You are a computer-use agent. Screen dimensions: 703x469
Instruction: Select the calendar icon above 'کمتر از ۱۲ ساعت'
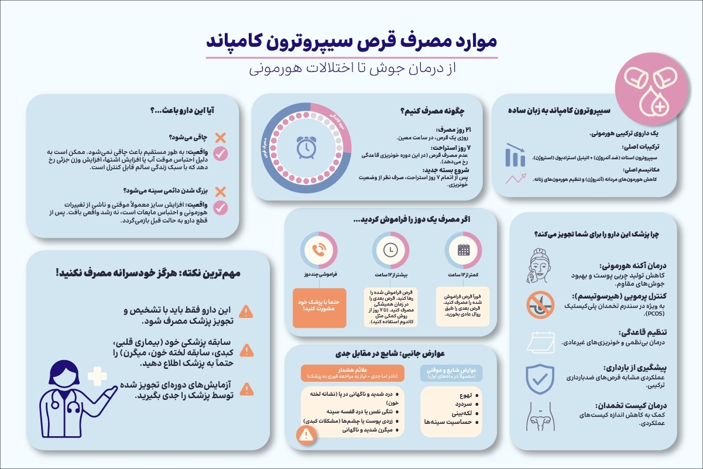(463, 251)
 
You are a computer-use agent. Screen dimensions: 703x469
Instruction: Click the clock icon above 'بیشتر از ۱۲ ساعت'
(390, 251)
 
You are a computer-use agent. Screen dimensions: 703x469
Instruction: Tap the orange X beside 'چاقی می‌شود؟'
(220, 138)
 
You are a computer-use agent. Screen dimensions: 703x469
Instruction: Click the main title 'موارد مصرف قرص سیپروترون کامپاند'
(351, 43)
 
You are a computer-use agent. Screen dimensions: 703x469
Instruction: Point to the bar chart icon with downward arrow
(516, 155)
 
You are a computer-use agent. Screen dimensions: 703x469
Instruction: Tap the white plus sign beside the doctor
(97, 376)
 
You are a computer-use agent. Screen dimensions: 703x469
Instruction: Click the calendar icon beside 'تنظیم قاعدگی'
(539, 341)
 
